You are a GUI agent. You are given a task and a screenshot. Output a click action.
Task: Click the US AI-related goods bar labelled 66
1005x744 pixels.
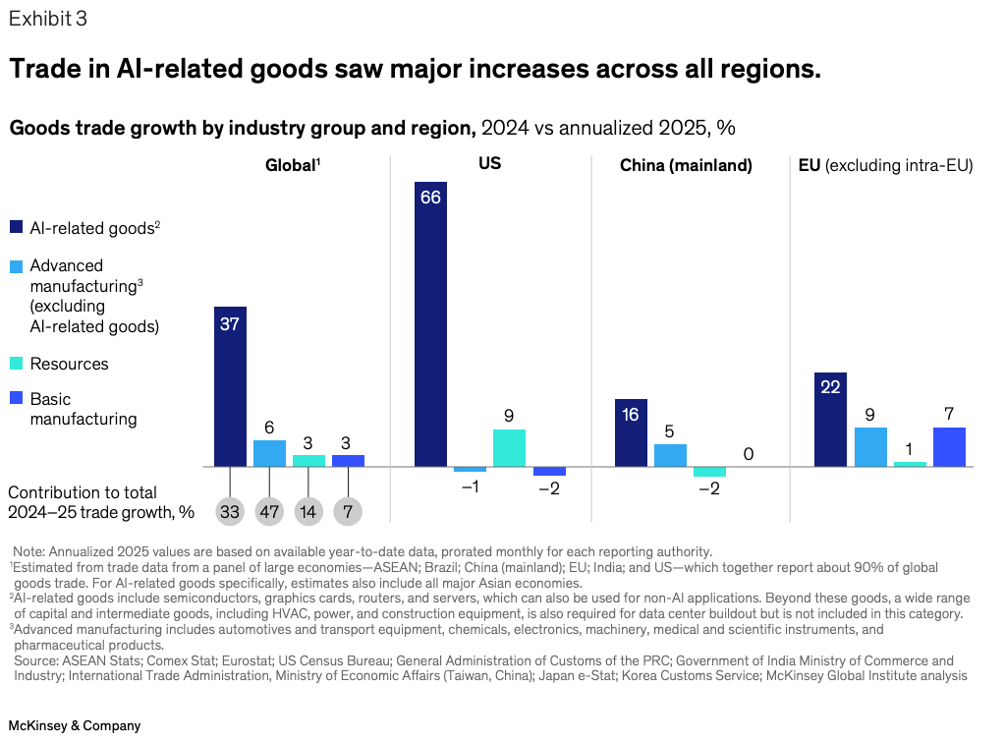[x=430, y=323]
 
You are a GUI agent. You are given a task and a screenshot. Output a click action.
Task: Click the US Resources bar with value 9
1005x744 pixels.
[x=509, y=447]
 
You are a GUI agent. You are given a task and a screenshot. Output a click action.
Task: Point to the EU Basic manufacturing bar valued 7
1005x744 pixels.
[x=949, y=446]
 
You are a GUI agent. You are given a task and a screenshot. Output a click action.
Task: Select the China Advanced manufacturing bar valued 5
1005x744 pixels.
[x=670, y=455]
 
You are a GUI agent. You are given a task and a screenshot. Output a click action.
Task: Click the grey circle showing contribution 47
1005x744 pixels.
[x=269, y=511]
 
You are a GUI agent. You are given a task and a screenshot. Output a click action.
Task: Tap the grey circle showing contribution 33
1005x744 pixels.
[x=230, y=511]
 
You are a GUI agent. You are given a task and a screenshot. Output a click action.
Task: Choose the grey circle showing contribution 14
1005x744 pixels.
[x=308, y=511]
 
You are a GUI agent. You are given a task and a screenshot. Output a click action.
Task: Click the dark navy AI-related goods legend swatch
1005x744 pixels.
[x=16, y=227]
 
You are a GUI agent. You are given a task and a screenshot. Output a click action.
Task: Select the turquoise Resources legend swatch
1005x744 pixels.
[x=16, y=364]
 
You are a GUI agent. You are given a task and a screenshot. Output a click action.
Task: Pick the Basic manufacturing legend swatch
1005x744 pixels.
[x=16, y=399]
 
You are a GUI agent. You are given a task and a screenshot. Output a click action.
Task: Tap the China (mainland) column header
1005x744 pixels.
[x=686, y=166]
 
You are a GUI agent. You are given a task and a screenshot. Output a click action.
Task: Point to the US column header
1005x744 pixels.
[x=489, y=163]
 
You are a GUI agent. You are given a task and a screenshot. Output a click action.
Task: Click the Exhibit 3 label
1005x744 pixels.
[x=47, y=18]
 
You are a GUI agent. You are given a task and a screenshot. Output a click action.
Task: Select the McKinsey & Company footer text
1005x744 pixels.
[x=75, y=725]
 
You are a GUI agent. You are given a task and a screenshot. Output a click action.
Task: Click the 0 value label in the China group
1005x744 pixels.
[x=749, y=454]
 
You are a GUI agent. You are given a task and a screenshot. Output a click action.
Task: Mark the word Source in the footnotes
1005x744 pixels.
[x=35, y=660]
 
